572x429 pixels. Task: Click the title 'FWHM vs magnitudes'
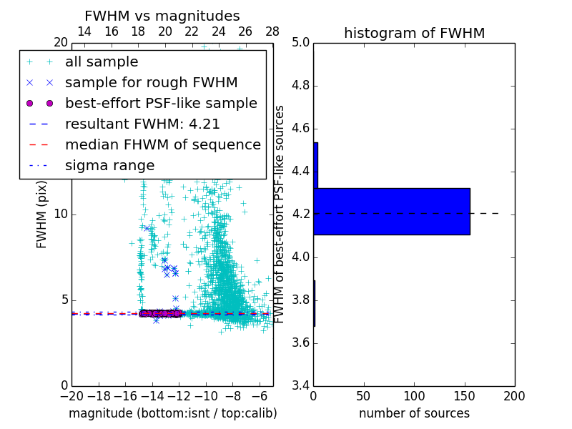162,16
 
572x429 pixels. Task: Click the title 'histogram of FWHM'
414,33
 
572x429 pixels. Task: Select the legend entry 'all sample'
102,62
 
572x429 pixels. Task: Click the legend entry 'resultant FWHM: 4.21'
142,124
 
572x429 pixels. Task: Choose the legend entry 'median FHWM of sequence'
162,144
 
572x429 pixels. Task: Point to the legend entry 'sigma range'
109,165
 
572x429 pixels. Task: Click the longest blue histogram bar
391,211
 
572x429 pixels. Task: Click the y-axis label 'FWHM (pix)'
41,214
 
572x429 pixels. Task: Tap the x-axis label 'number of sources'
414,413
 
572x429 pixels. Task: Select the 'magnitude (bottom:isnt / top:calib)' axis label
172,413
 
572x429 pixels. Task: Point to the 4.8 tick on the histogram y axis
300,85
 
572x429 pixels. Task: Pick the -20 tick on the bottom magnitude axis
71,395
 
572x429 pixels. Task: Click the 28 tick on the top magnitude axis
272,31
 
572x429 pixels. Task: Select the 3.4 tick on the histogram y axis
300,385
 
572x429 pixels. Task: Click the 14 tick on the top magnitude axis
84,31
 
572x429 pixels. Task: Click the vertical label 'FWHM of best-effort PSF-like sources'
280,214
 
